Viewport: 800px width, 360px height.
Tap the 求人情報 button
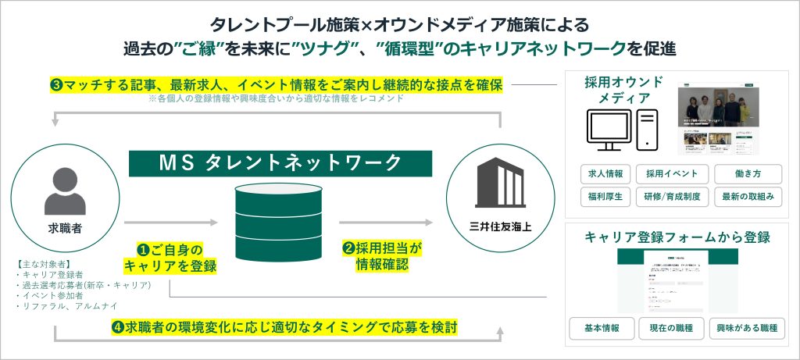coord(605,173)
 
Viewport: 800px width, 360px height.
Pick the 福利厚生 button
coord(605,196)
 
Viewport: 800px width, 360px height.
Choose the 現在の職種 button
coord(671,328)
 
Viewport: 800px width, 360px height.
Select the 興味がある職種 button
coord(747,328)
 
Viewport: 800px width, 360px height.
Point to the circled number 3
coord(56,84)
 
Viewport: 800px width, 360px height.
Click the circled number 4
coord(116,325)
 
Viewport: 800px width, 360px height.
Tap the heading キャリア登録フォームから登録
coord(677,237)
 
